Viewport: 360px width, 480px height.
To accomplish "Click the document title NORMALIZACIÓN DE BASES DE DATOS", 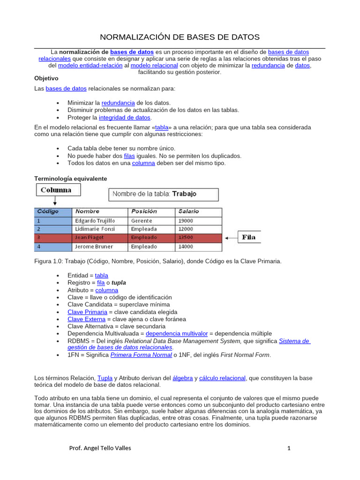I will [x=180, y=37].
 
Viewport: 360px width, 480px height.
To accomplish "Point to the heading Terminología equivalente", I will [x=71, y=179].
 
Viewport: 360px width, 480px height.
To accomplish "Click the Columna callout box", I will [x=56, y=190].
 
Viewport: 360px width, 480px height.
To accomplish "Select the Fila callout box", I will [x=249, y=237].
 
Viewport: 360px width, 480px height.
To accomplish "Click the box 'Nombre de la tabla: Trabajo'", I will [x=164, y=194].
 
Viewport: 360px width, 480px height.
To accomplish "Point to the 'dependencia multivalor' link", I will [x=176, y=333].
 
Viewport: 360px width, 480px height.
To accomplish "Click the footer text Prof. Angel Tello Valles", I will [x=100, y=448].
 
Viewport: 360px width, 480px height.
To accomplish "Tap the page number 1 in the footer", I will [x=289, y=448].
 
